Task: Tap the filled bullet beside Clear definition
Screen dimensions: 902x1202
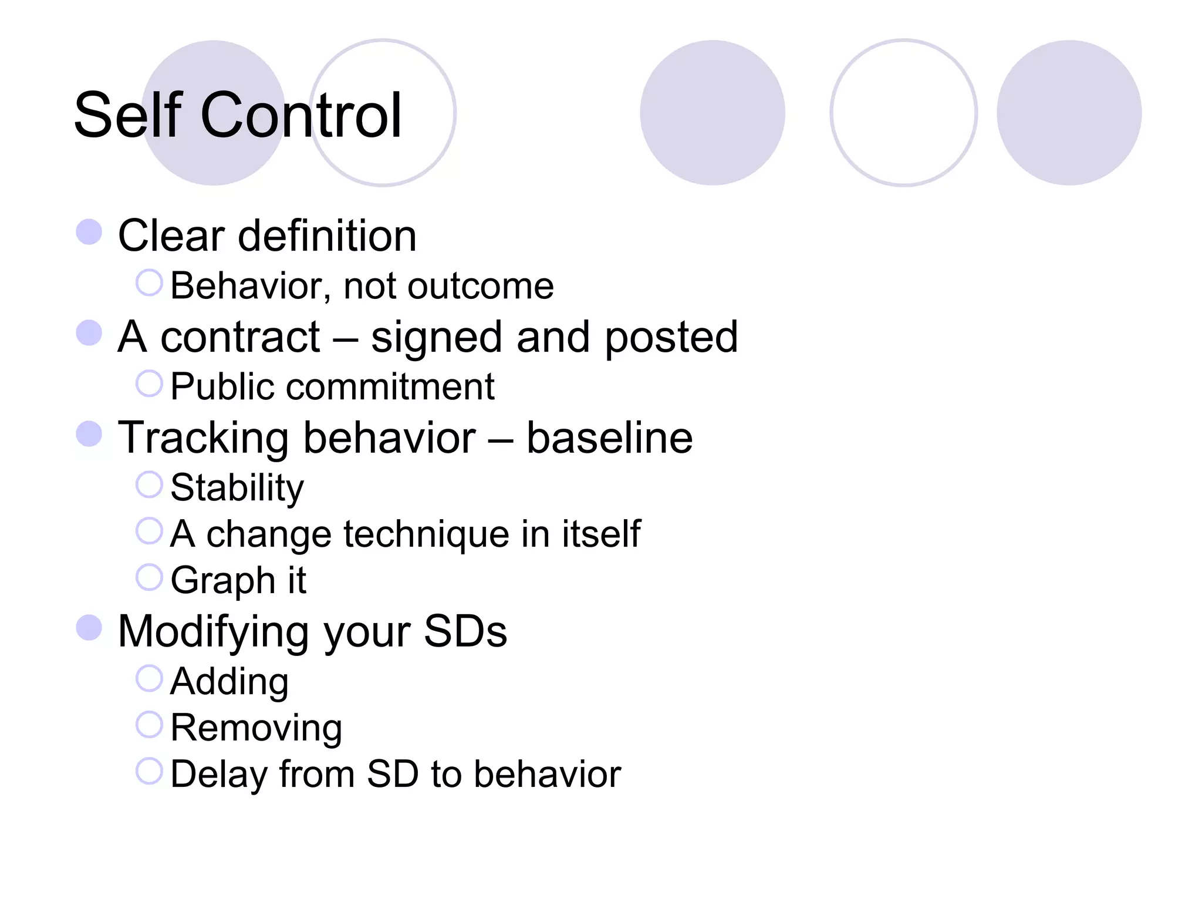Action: [89, 231]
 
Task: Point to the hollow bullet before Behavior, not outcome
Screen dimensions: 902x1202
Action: [149, 282]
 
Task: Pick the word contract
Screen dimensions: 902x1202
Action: [240, 337]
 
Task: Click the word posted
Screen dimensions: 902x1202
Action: [671, 338]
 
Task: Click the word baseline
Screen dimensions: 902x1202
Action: [609, 438]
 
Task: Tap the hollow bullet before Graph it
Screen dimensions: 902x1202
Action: [149, 577]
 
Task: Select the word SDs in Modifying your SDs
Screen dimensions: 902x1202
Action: [465, 632]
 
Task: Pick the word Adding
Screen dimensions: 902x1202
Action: [229, 682]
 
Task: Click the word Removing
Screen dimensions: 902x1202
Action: [256, 728]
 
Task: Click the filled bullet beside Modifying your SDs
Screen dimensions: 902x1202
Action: [89, 627]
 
